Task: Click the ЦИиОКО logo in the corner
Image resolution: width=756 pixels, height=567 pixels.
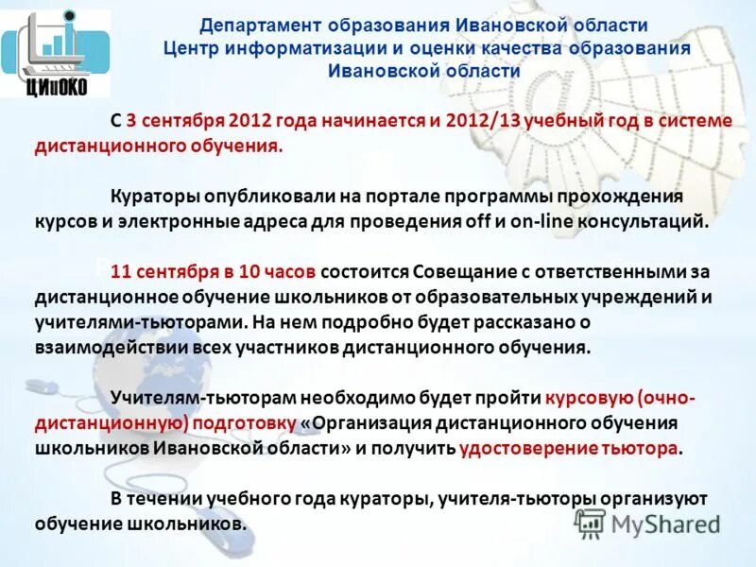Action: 56,53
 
